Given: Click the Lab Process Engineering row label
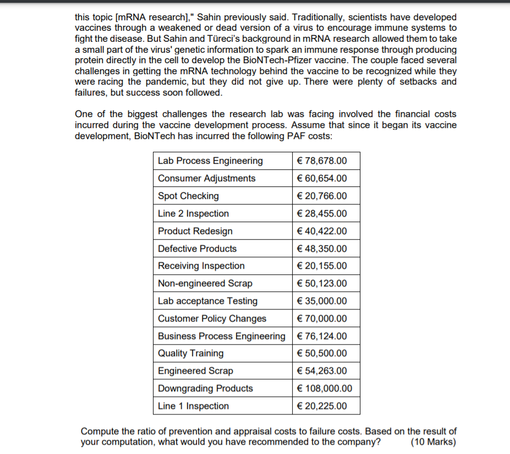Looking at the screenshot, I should [x=210, y=161].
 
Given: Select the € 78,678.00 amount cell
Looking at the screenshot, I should [x=322, y=161].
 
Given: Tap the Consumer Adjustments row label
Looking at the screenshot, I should [x=206, y=179].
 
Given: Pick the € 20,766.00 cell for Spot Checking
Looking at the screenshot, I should [x=322, y=196].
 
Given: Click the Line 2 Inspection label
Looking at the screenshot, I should [x=193, y=214].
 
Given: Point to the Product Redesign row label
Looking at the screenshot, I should [x=195, y=231].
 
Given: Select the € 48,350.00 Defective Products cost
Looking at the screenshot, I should [x=322, y=249].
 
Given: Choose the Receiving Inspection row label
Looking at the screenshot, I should [x=201, y=266].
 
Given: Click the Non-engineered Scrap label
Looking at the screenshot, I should [x=205, y=284].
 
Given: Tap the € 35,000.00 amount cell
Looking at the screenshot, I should [x=322, y=301].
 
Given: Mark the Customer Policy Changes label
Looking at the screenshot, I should [x=212, y=319].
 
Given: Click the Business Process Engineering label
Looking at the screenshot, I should [x=221, y=336].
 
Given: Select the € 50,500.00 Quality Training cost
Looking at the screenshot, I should [x=322, y=353].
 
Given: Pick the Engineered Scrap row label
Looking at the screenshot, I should [x=195, y=371].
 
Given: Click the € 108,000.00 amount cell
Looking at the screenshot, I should [x=324, y=389].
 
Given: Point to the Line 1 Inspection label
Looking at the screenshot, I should [x=193, y=406].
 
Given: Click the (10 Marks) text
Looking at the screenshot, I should [x=434, y=441].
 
